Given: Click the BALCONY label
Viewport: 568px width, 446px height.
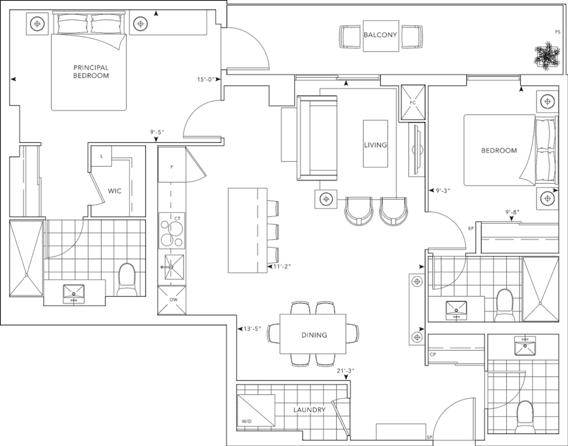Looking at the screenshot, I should coord(381,35).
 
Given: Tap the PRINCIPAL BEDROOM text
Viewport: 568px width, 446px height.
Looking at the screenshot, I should coord(91,71).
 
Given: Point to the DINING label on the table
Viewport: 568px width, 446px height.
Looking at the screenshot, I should coord(314,335).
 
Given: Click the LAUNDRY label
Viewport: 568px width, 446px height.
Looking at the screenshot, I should coord(309,410).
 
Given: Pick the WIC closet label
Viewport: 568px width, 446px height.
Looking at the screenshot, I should coord(114,190).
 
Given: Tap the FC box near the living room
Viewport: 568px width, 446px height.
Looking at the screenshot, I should coord(413,102).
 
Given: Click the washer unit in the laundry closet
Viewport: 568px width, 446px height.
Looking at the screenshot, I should coord(256,410).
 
